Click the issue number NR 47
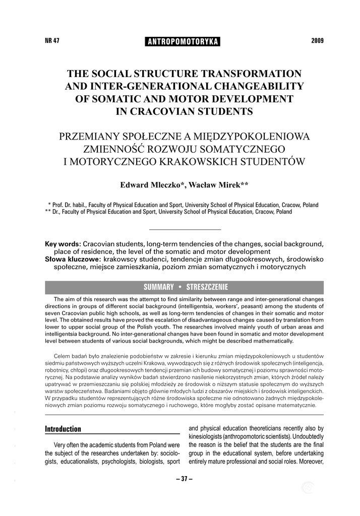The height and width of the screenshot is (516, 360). click(x=52, y=41)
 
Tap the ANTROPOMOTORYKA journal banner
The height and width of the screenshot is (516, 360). click(x=183, y=42)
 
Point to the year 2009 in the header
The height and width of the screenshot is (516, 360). click(x=318, y=40)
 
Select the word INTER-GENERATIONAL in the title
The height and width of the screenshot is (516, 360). click(x=137, y=86)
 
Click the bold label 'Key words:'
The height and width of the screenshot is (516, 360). click(x=63, y=244)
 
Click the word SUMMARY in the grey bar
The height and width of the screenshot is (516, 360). click(x=159, y=287)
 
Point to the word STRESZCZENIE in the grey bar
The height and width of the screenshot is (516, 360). click(x=207, y=287)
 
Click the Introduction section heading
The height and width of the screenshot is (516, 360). click(x=63, y=429)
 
